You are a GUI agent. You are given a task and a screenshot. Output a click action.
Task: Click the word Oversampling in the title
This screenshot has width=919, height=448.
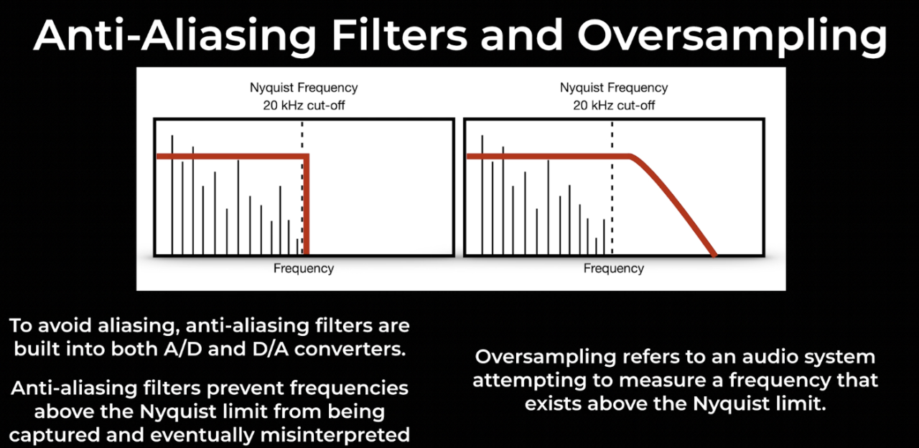pos(732,36)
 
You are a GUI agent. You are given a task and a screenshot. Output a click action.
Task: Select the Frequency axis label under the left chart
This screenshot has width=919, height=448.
pos(304,269)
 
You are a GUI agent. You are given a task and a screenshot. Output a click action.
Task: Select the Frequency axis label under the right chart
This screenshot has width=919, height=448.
pos(614,269)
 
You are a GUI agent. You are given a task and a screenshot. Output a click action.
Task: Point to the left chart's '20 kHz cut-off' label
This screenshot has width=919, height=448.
pos(304,106)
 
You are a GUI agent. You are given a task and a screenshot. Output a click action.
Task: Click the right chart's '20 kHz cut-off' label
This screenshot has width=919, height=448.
pos(614,106)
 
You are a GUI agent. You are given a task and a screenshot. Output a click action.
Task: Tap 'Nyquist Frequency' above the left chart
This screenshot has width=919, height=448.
pos(304,88)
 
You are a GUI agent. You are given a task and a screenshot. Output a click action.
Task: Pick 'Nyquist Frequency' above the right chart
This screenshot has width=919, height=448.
pos(614,88)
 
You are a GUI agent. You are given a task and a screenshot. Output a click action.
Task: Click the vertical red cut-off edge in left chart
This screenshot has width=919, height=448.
pos(307,205)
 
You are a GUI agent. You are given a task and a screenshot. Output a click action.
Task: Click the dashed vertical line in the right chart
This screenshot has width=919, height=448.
pos(612,188)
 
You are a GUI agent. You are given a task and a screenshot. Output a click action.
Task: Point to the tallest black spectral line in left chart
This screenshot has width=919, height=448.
pos(172,195)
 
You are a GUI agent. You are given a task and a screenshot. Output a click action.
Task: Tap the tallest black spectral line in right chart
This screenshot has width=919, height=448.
pos(482,195)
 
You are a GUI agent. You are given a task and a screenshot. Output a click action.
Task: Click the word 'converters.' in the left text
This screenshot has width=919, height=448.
pos(350,349)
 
